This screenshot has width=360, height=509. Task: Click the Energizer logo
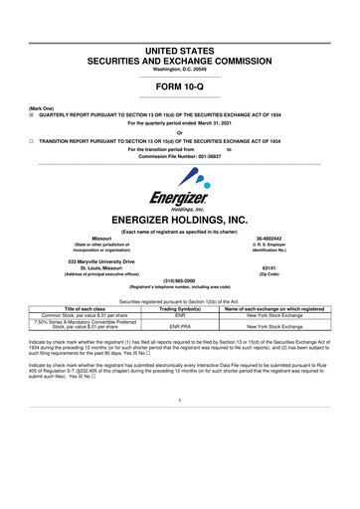coord(179,184)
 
